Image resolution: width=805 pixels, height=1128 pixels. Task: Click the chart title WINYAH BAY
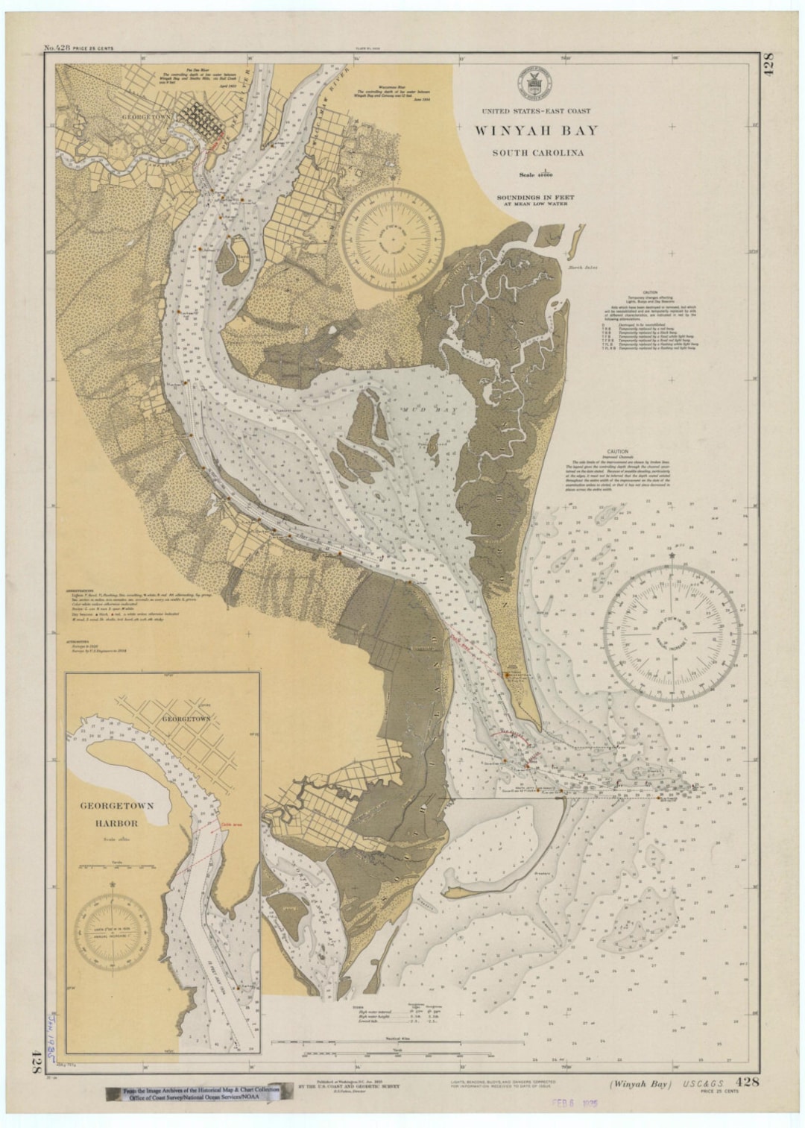(x=537, y=131)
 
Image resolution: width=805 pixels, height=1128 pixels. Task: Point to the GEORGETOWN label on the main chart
(x=147, y=117)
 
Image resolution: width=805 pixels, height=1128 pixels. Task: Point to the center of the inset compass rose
(x=111, y=932)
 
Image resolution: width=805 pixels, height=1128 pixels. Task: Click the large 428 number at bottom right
(x=748, y=1082)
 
